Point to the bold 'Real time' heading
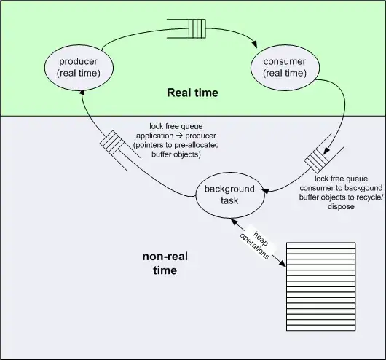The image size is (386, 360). click(192, 93)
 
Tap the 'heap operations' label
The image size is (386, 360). click(253, 240)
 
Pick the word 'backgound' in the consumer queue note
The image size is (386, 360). click(344, 187)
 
